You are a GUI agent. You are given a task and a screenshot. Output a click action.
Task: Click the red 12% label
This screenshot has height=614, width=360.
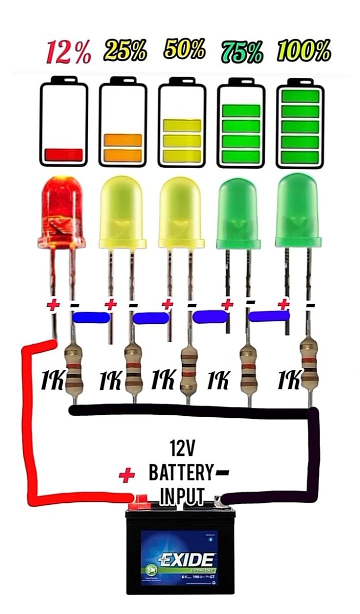[x=69, y=53]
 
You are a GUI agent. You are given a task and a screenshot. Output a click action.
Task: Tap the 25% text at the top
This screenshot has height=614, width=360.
[x=125, y=50]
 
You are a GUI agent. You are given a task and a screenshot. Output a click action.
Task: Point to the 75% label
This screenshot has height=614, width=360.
[x=242, y=51]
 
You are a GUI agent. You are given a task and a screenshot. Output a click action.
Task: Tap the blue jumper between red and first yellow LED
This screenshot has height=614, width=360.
[x=91, y=317]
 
